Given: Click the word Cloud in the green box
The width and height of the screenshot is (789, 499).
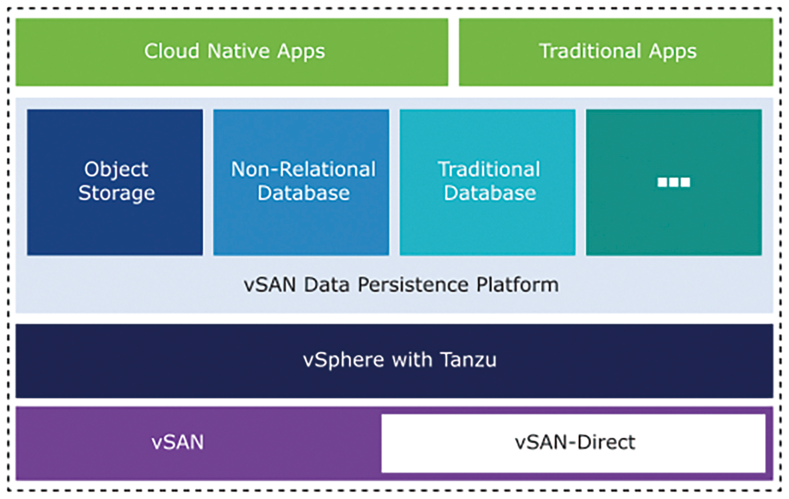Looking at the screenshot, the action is point(171,51).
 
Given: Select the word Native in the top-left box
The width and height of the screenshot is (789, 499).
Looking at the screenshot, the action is point(238,51).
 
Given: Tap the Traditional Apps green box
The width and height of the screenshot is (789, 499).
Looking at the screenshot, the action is point(616,52).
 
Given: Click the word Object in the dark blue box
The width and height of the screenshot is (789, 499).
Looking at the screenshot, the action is point(116,169).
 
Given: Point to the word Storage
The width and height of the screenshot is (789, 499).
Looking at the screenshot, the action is point(116,193).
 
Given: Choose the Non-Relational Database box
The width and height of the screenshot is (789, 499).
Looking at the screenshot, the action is point(301,182).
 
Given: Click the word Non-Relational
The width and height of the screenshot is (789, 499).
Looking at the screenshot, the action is point(303,169).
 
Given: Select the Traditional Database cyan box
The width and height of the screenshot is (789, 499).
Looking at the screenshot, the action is point(488,182).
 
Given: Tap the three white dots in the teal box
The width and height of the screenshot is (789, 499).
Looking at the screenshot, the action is point(674,182).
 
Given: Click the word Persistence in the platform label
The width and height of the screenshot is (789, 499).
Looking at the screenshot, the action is point(413,285).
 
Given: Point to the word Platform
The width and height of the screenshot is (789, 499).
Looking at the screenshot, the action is point(517,285).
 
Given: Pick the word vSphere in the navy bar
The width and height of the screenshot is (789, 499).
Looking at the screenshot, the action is point(344,360).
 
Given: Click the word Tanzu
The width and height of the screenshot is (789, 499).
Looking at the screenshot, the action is point(468,360).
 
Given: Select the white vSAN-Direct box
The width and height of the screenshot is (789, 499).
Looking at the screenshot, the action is point(574,443).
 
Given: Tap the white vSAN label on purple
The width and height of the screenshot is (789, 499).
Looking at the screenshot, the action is point(178,442).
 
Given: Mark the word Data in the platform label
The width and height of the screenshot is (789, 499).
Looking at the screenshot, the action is point(326,285).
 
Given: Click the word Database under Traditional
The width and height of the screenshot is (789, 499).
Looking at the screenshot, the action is point(489,193).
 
